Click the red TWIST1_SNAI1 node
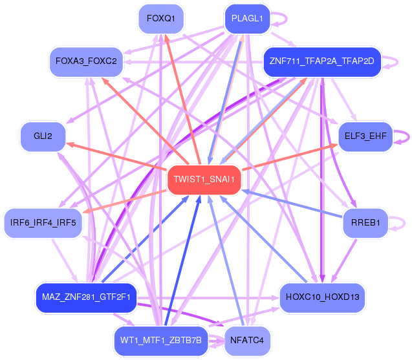click(204, 180)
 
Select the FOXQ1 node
click(161, 19)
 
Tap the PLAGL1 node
click(247, 19)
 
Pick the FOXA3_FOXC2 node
click(86, 62)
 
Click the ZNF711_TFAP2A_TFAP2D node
click(322, 62)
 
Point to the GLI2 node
click(43, 136)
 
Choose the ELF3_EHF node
click(365, 136)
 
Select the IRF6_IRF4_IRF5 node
click(43, 223)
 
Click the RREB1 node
click(365, 223)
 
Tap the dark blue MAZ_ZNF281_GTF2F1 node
click(86, 298)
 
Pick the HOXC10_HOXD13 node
click(322, 298)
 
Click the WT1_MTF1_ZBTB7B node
click(161, 341)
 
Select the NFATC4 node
click(247, 341)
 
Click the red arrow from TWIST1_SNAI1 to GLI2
click(116, 156)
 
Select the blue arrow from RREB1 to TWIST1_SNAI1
click(292, 204)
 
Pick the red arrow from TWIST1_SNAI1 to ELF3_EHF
click(290, 157)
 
